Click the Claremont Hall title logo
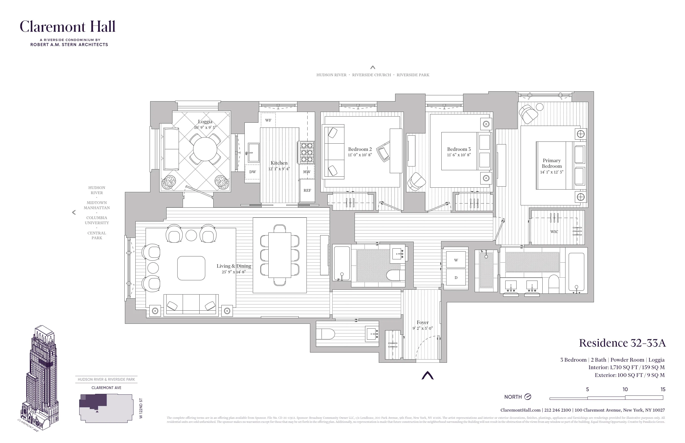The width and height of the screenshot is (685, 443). coord(68,27)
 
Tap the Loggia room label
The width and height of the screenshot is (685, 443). coord(205,121)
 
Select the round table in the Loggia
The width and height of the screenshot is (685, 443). coord(205,149)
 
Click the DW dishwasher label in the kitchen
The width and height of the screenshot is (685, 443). coord(253,172)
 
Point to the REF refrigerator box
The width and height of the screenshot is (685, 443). coord(307,190)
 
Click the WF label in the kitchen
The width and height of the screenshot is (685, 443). coord(268,120)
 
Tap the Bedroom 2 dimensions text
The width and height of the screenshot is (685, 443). coord(360,155)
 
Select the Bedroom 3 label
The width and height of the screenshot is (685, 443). coord(459,149)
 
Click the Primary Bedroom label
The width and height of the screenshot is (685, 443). coord(551,163)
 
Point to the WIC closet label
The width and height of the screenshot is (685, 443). coord(554,231)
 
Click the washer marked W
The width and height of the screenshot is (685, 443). coord(456,260)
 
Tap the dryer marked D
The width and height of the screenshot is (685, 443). coord(456,277)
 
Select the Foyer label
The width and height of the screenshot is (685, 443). coord(423,322)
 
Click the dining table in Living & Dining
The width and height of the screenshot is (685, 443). coord(279,255)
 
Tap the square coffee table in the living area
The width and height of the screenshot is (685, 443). coord(191,268)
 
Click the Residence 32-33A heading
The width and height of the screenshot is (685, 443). coord(622,343)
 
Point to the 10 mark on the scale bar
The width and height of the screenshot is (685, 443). coord(625,390)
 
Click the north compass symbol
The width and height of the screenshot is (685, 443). coord(528,397)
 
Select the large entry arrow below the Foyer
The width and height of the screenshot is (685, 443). coord(427,375)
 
